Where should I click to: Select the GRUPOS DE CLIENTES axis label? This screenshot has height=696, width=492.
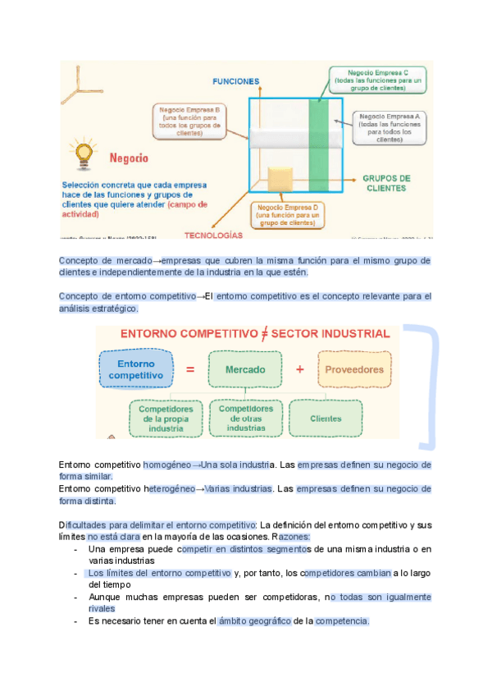click(x=387, y=182)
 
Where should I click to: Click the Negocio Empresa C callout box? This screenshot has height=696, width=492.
click(x=378, y=80)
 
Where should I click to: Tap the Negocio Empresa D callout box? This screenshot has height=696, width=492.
click(x=286, y=215)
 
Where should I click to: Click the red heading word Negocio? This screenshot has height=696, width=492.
click(x=129, y=156)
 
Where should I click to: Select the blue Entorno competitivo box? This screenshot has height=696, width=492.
click(x=137, y=369)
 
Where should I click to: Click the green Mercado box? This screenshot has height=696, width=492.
click(x=245, y=369)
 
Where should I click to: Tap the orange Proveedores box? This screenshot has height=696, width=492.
click(x=354, y=369)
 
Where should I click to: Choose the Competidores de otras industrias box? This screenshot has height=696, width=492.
click(x=246, y=418)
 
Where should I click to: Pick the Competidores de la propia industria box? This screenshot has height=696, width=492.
click(x=166, y=419)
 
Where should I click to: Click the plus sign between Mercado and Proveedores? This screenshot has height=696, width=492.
click(x=299, y=369)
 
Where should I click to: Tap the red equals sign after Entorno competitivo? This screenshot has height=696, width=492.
click(x=190, y=369)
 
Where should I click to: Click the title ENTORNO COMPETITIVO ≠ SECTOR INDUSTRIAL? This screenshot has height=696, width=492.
click(x=255, y=334)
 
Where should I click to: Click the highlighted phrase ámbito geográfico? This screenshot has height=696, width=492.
click(x=254, y=621)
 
